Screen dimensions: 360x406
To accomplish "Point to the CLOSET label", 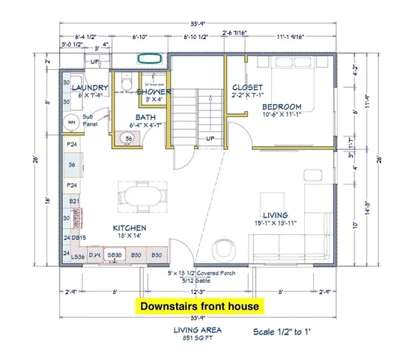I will (246, 87).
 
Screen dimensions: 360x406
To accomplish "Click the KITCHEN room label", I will (130, 227).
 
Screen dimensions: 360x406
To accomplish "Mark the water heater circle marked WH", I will (73, 122).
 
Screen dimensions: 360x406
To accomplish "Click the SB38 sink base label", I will (115, 256).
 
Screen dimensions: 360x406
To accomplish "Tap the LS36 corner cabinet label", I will (76, 256).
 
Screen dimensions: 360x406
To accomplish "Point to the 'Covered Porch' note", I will (217, 274).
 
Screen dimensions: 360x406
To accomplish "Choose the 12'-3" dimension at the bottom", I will (198, 291).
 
